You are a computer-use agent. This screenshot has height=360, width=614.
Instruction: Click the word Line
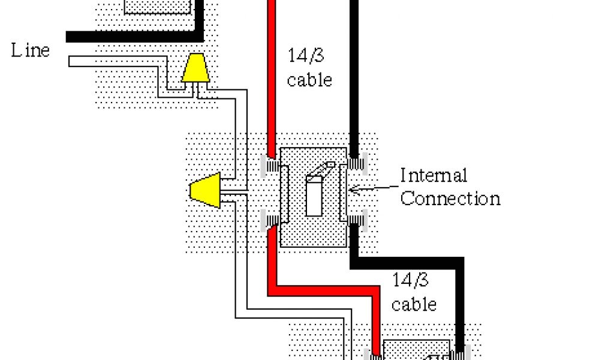pos(30,50)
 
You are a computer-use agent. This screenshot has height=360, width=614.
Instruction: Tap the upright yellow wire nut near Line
pos(195,68)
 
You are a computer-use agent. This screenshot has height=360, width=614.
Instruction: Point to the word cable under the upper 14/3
pos(309,80)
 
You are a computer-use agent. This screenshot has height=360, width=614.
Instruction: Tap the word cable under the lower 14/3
pos(414,304)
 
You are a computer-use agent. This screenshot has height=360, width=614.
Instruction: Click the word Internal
pos(434,176)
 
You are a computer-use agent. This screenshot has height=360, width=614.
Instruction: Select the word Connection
pos(450,198)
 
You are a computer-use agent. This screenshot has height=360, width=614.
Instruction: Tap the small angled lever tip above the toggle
pos(329,165)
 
